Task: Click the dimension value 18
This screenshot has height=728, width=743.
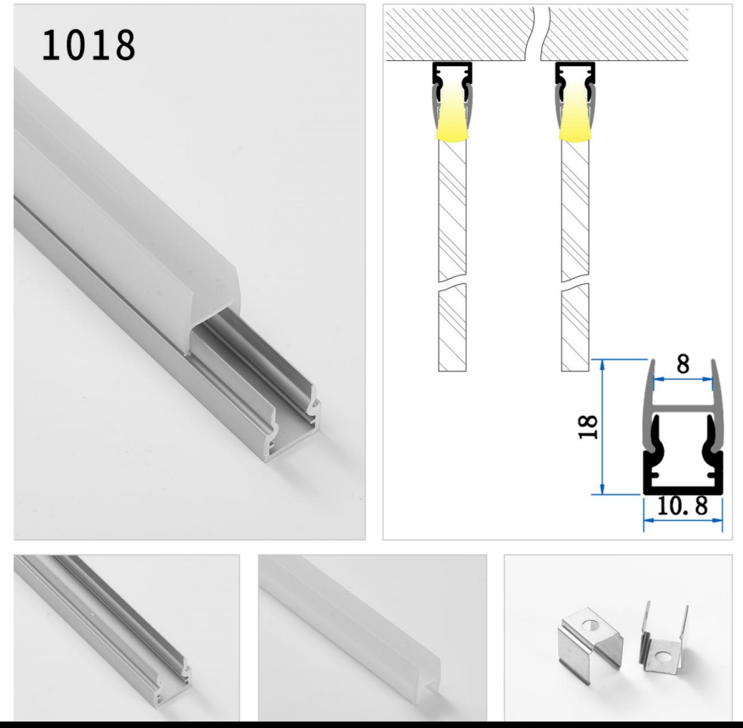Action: pyautogui.click(x=588, y=427)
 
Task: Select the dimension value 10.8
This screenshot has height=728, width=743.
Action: pyautogui.click(x=679, y=507)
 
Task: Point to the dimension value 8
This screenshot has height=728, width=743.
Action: pyautogui.click(x=683, y=364)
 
